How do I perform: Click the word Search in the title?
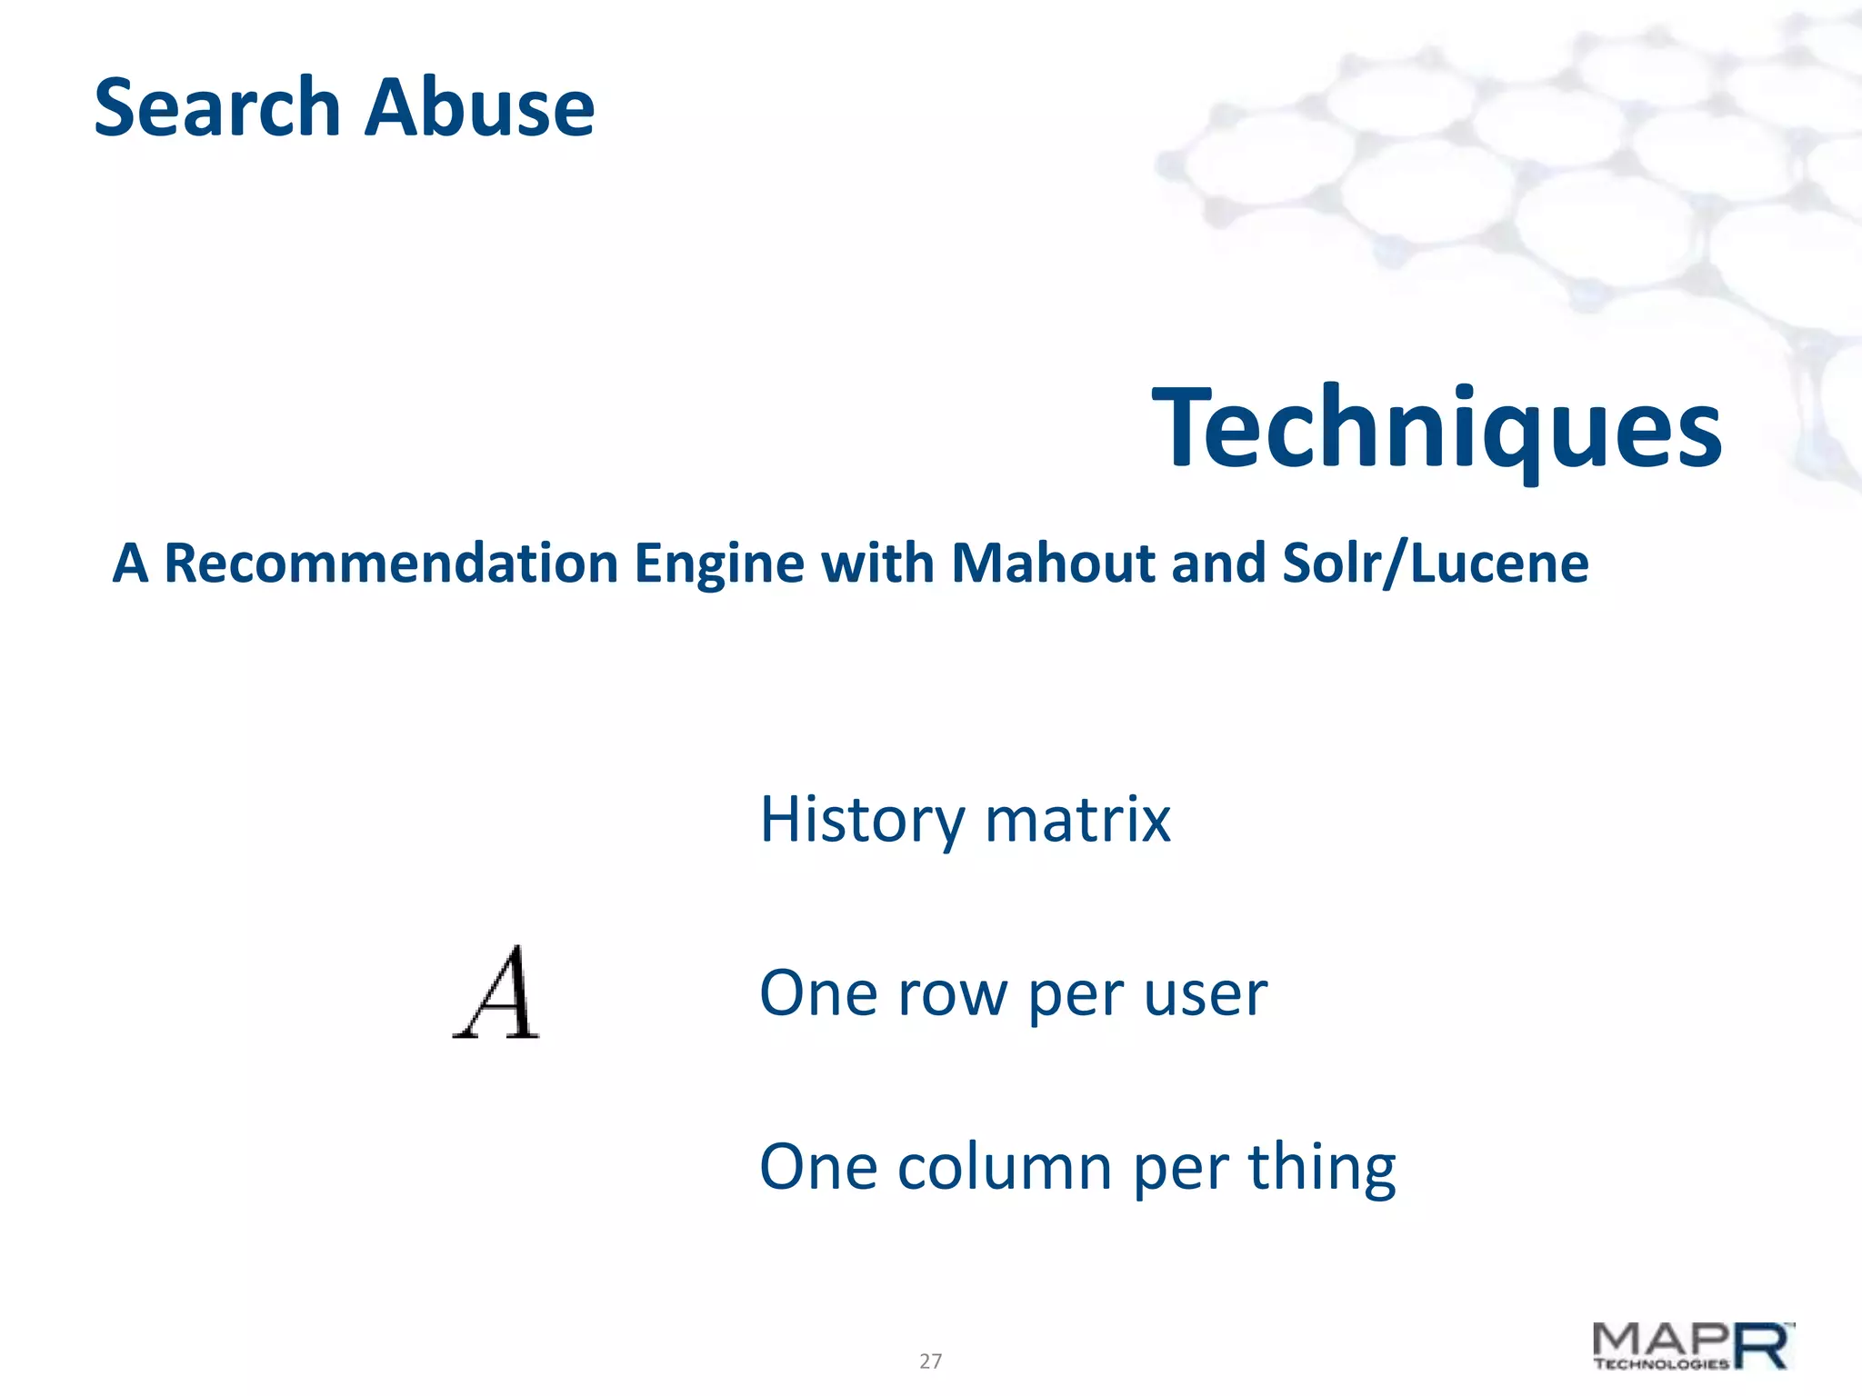pyautogui.click(x=217, y=107)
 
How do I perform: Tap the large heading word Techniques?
pyautogui.click(x=1436, y=428)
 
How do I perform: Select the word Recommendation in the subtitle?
pyautogui.click(x=392, y=563)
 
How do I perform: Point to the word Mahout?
pyautogui.click(x=1052, y=563)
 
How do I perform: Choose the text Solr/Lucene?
pyautogui.click(x=1435, y=563)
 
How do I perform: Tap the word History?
pyautogui.click(x=861, y=821)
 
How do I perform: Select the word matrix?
pyautogui.click(x=1077, y=819)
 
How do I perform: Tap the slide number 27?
pyautogui.click(x=930, y=1361)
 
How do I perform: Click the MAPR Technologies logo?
pyautogui.click(x=1694, y=1346)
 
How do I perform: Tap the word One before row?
pyautogui.click(x=818, y=993)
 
